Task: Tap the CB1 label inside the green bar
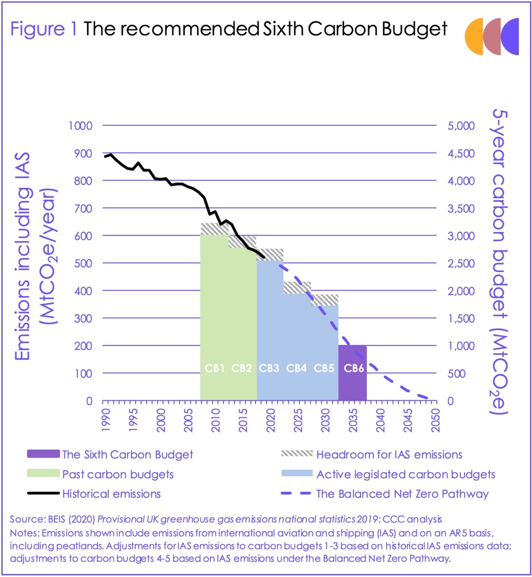(x=215, y=368)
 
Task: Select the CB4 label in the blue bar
(x=297, y=368)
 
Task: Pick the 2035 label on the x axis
(x=352, y=419)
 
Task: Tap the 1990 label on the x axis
(x=105, y=419)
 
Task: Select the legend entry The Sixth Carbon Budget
(x=127, y=455)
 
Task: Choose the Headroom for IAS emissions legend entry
(x=389, y=455)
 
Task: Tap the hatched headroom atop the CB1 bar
(x=215, y=229)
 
